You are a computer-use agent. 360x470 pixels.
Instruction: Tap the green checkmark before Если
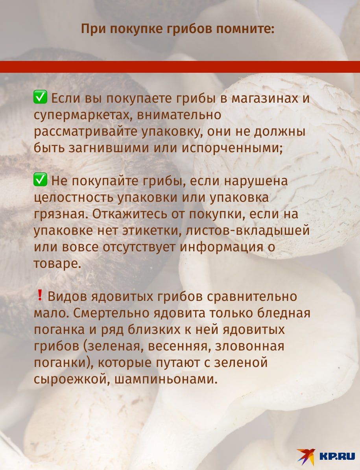40,97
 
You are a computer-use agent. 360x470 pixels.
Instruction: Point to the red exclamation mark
40,295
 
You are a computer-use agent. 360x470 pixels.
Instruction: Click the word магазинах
265,98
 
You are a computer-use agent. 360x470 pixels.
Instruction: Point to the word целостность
74,198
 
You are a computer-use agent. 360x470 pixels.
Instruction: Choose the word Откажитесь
130,214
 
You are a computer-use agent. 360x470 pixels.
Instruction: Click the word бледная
284,313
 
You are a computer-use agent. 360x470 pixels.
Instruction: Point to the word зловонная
250,346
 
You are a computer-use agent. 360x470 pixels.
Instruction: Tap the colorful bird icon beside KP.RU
306,457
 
